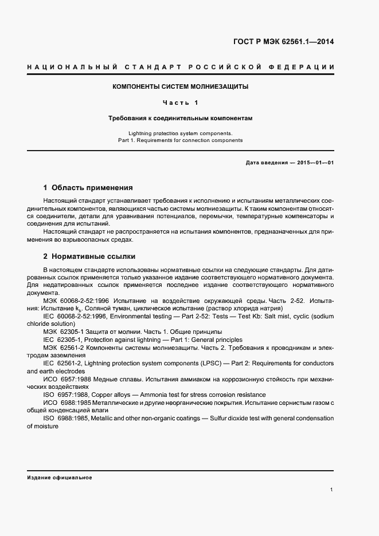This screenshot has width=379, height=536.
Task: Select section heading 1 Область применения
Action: coord(88,187)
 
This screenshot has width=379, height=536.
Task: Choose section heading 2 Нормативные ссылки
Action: coord(89,256)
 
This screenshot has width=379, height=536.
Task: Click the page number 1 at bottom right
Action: coord(332,490)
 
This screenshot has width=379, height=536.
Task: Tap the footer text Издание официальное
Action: coord(60,477)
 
